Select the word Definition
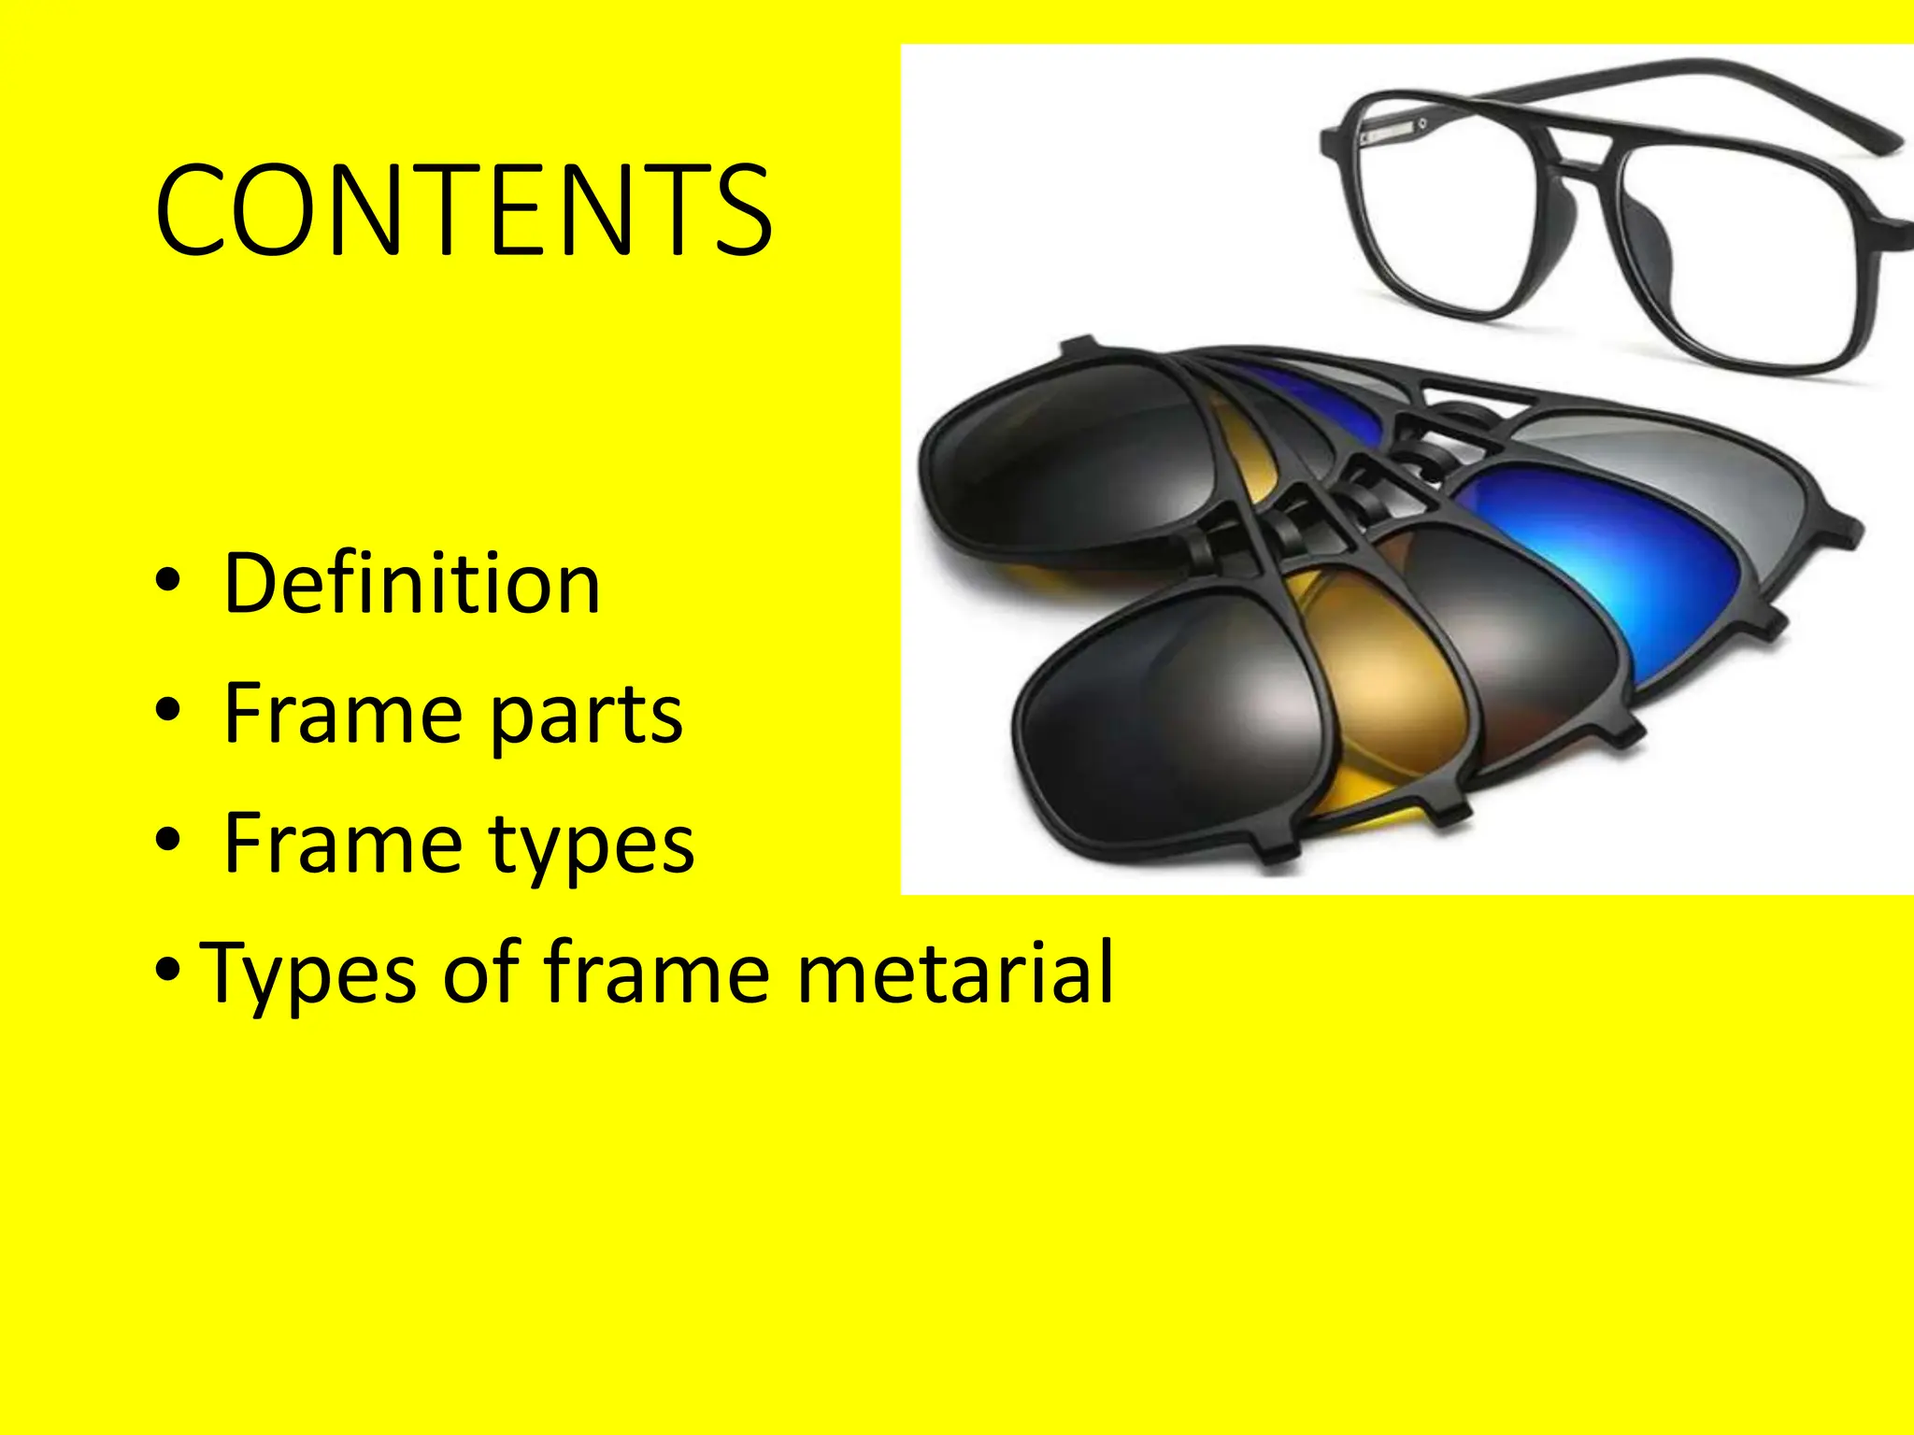coord(411,584)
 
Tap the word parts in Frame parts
coord(586,716)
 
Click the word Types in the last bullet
coord(308,974)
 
